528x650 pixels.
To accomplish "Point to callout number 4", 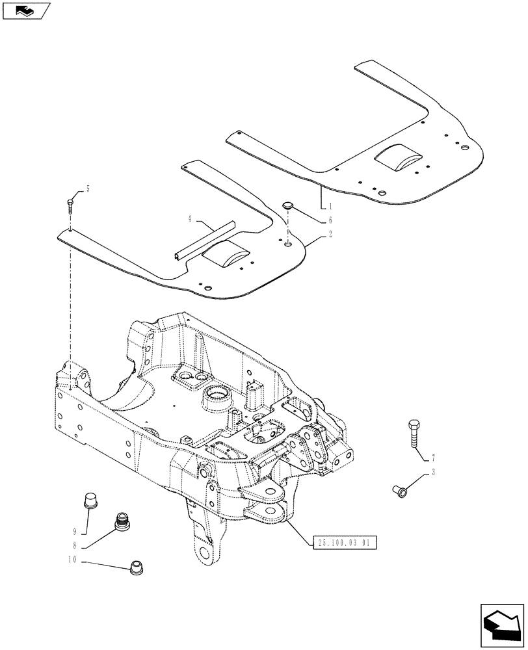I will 190,219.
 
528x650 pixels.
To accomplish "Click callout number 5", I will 88,189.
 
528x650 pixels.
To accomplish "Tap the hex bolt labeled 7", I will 416,433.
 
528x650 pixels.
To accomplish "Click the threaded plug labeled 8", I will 121,521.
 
